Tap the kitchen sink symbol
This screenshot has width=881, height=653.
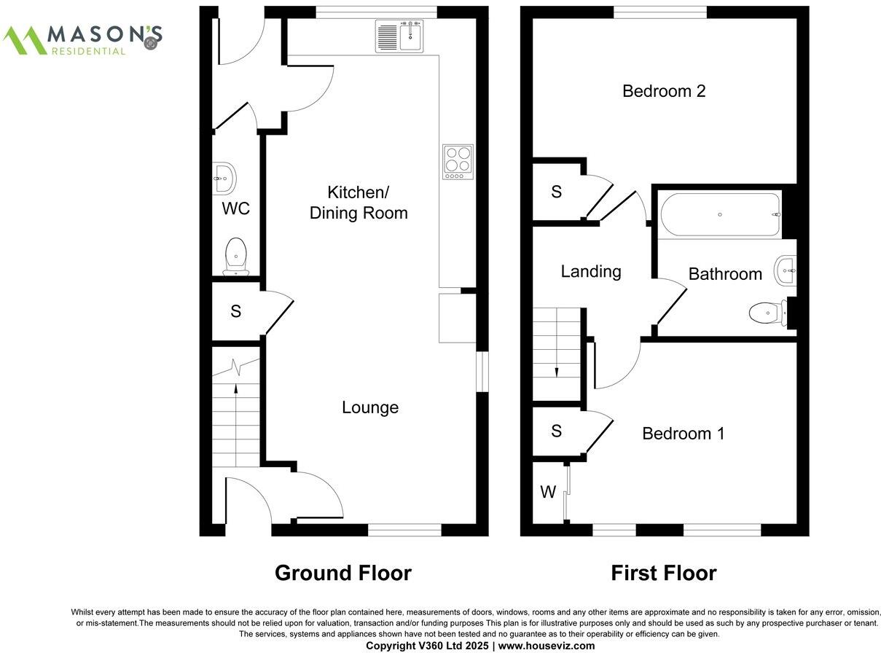click(x=399, y=36)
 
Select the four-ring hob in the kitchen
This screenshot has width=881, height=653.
click(x=458, y=163)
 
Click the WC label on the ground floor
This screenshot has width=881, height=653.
click(x=235, y=209)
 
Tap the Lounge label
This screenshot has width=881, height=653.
click(x=370, y=407)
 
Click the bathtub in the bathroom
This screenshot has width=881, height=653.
click(x=720, y=215)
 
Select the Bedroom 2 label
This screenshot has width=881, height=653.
click(x=664, y=91)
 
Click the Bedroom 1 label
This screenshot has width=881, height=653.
click(x=683, y=434)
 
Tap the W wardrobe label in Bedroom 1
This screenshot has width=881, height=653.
click(x=548, y=493)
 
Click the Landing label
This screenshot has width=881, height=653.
click(x=590, y=272)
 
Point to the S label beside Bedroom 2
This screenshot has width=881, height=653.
click(x=557, y=192)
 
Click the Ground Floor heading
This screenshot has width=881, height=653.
click(x=342, y=573)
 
